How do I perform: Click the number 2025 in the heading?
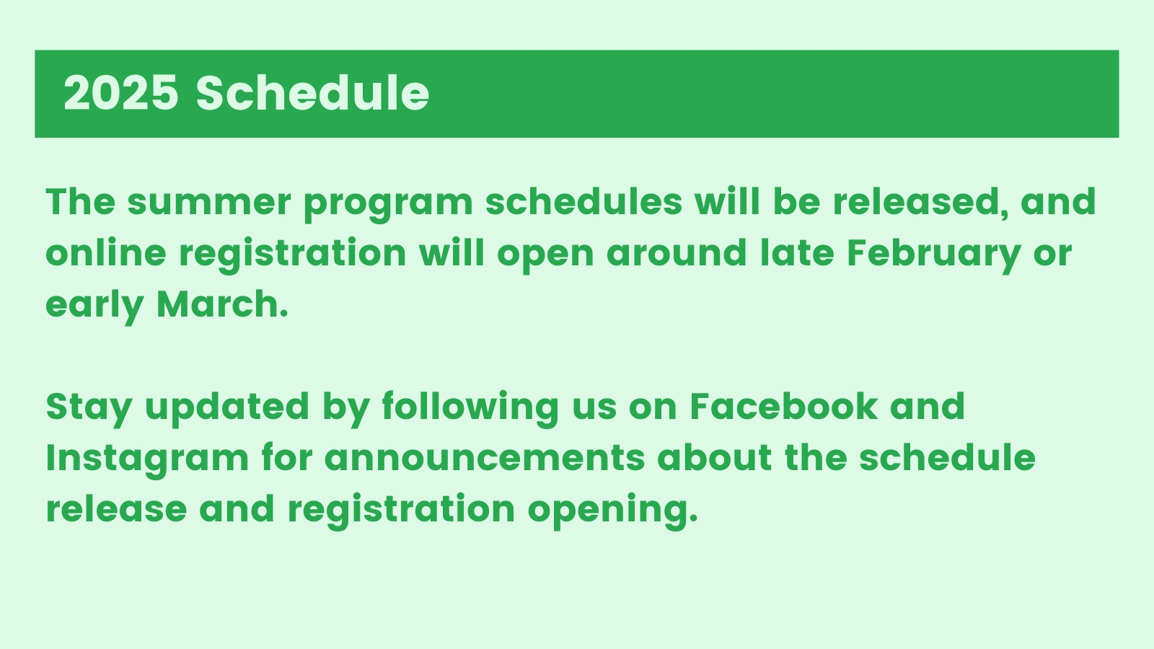click(121, 93)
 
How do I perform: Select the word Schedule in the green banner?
click(312, 92)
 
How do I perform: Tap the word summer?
click(209, 202)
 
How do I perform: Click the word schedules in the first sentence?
click(584, 201)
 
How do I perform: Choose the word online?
click(106, 252)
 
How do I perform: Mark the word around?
click(677, 252)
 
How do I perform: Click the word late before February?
click(797, 252)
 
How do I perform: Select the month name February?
click(933, 255)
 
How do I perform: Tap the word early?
click(94, 306)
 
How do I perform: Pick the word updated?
click(227, 409)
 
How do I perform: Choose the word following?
click(470, 409)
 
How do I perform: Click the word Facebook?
click(783, 406)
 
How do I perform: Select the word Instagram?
click(147, 460)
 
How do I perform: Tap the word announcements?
click(485, 458)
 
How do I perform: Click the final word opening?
click(613, 511)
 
